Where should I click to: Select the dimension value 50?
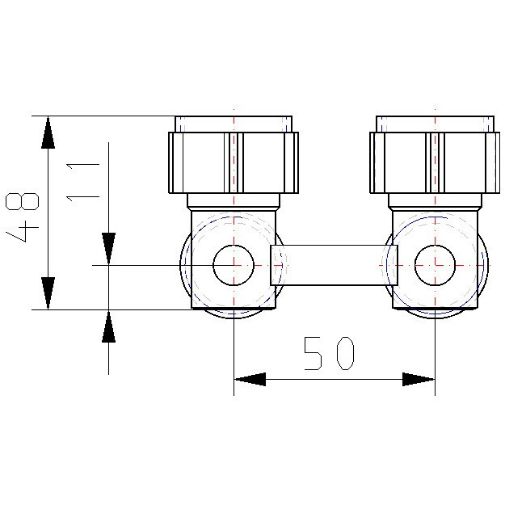[x=329, y=354]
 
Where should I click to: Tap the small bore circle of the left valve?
[x=234, y=265]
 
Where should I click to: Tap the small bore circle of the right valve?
[x=435, y=265]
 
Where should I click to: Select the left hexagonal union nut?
[x=234, y=162]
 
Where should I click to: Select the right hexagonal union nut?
[x=435, y=162]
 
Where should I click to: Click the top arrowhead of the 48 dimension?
[x=48, y=132]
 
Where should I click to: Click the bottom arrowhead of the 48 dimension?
[x=48, y=292]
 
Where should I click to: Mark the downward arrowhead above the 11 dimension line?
[x=108, y=248]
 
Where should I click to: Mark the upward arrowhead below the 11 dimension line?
[x=108, y=326]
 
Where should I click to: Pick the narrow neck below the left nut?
[x=234, y=201]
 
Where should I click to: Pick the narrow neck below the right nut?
[x=435, y=201]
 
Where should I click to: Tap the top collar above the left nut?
[x=234, y=124]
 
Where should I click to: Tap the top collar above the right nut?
[x=435, y=124]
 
